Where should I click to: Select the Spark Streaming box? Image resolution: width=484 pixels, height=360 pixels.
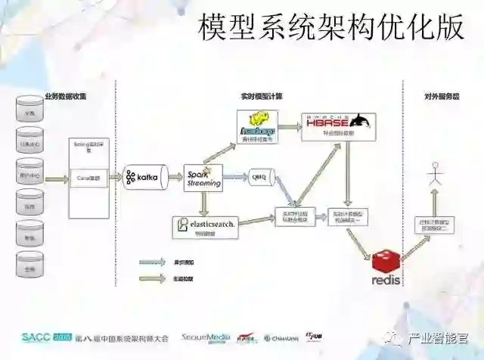tap(203, 176)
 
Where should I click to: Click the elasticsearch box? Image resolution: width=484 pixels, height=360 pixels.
tap(205, 225)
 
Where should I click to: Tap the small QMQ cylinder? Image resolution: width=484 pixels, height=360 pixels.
tap(259, 177)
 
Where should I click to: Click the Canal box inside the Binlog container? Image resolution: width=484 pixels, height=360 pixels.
tap(88, 178)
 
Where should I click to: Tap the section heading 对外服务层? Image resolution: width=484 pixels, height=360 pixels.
tap(441, 96)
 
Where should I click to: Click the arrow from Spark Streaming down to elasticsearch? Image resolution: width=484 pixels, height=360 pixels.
tap(203, 202)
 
